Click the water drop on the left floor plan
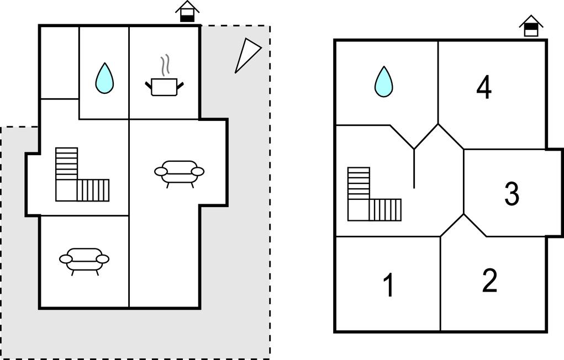[104, 78]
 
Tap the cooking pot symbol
[164, 87]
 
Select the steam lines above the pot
[164, 66]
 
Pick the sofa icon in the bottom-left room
[84, 258]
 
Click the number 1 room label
[389, 285]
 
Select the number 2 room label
[489, 280]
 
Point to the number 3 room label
[512, 194]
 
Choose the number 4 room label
[484, 88]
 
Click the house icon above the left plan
[188, 12]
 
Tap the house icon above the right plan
[531, 26]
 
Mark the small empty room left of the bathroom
[59, 62]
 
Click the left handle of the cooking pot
[148, 84]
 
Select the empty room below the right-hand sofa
[164, 260]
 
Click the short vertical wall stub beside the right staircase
[414, 169]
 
